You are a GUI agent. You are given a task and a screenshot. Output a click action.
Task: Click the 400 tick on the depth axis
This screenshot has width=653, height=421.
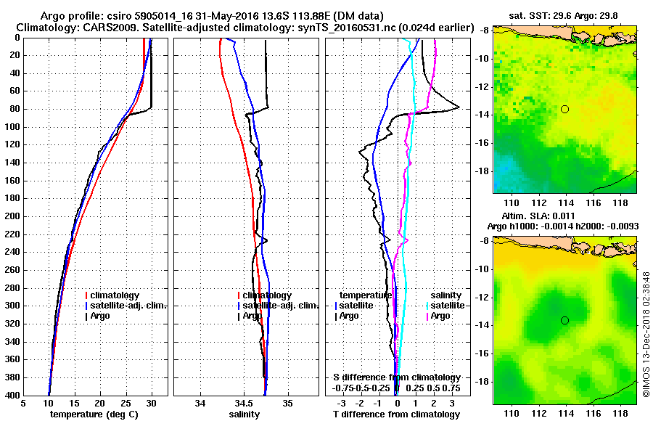12,396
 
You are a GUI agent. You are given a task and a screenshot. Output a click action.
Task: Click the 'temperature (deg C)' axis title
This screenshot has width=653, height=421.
94,414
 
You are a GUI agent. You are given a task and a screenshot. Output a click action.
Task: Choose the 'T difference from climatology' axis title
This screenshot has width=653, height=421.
396,414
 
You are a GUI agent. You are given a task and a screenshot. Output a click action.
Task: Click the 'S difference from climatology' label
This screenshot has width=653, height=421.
397,377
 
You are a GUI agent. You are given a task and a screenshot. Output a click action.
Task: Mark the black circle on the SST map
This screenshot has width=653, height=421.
565,109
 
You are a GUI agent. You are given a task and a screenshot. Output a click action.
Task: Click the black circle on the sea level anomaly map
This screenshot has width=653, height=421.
565,320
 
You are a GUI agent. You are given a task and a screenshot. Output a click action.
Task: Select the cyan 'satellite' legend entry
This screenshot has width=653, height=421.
448,306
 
